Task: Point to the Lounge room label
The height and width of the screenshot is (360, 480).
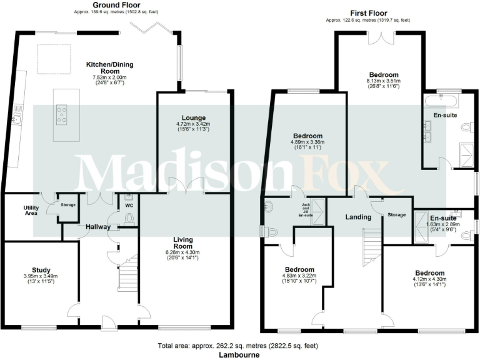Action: point(194,117)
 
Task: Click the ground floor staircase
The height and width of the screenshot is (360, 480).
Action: point(128,274)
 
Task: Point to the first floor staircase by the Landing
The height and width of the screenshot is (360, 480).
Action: point(372,240)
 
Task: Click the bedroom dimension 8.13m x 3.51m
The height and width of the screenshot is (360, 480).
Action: point(379,81)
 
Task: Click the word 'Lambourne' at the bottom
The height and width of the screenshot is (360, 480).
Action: point(239,354)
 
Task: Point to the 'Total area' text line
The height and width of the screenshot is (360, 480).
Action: point(239,346)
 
